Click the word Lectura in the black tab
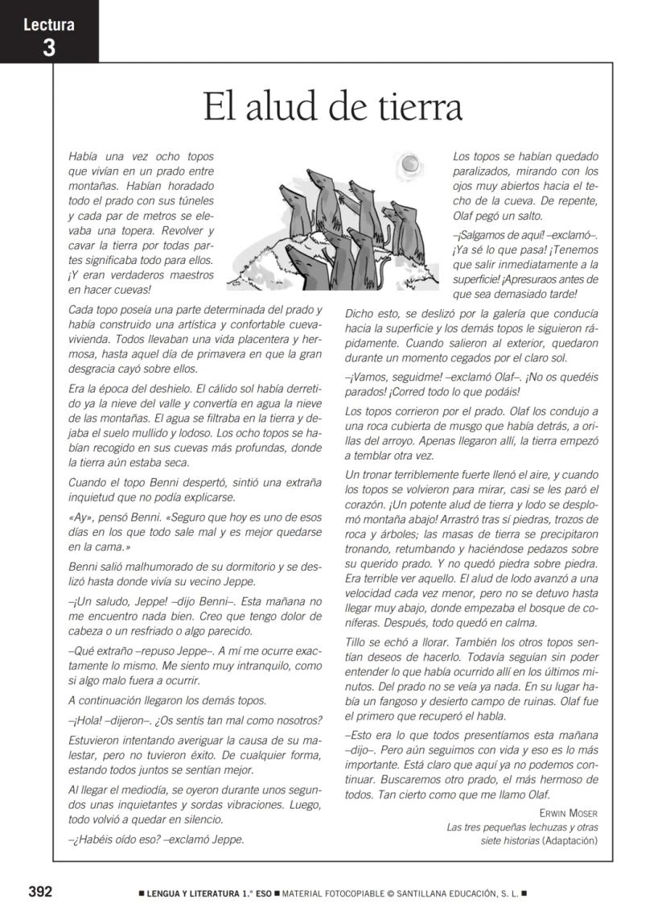[49, 24]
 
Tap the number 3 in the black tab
[49, 47]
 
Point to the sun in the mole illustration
[410, 165]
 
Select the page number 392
[40, 891]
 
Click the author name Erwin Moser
[569, 812]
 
